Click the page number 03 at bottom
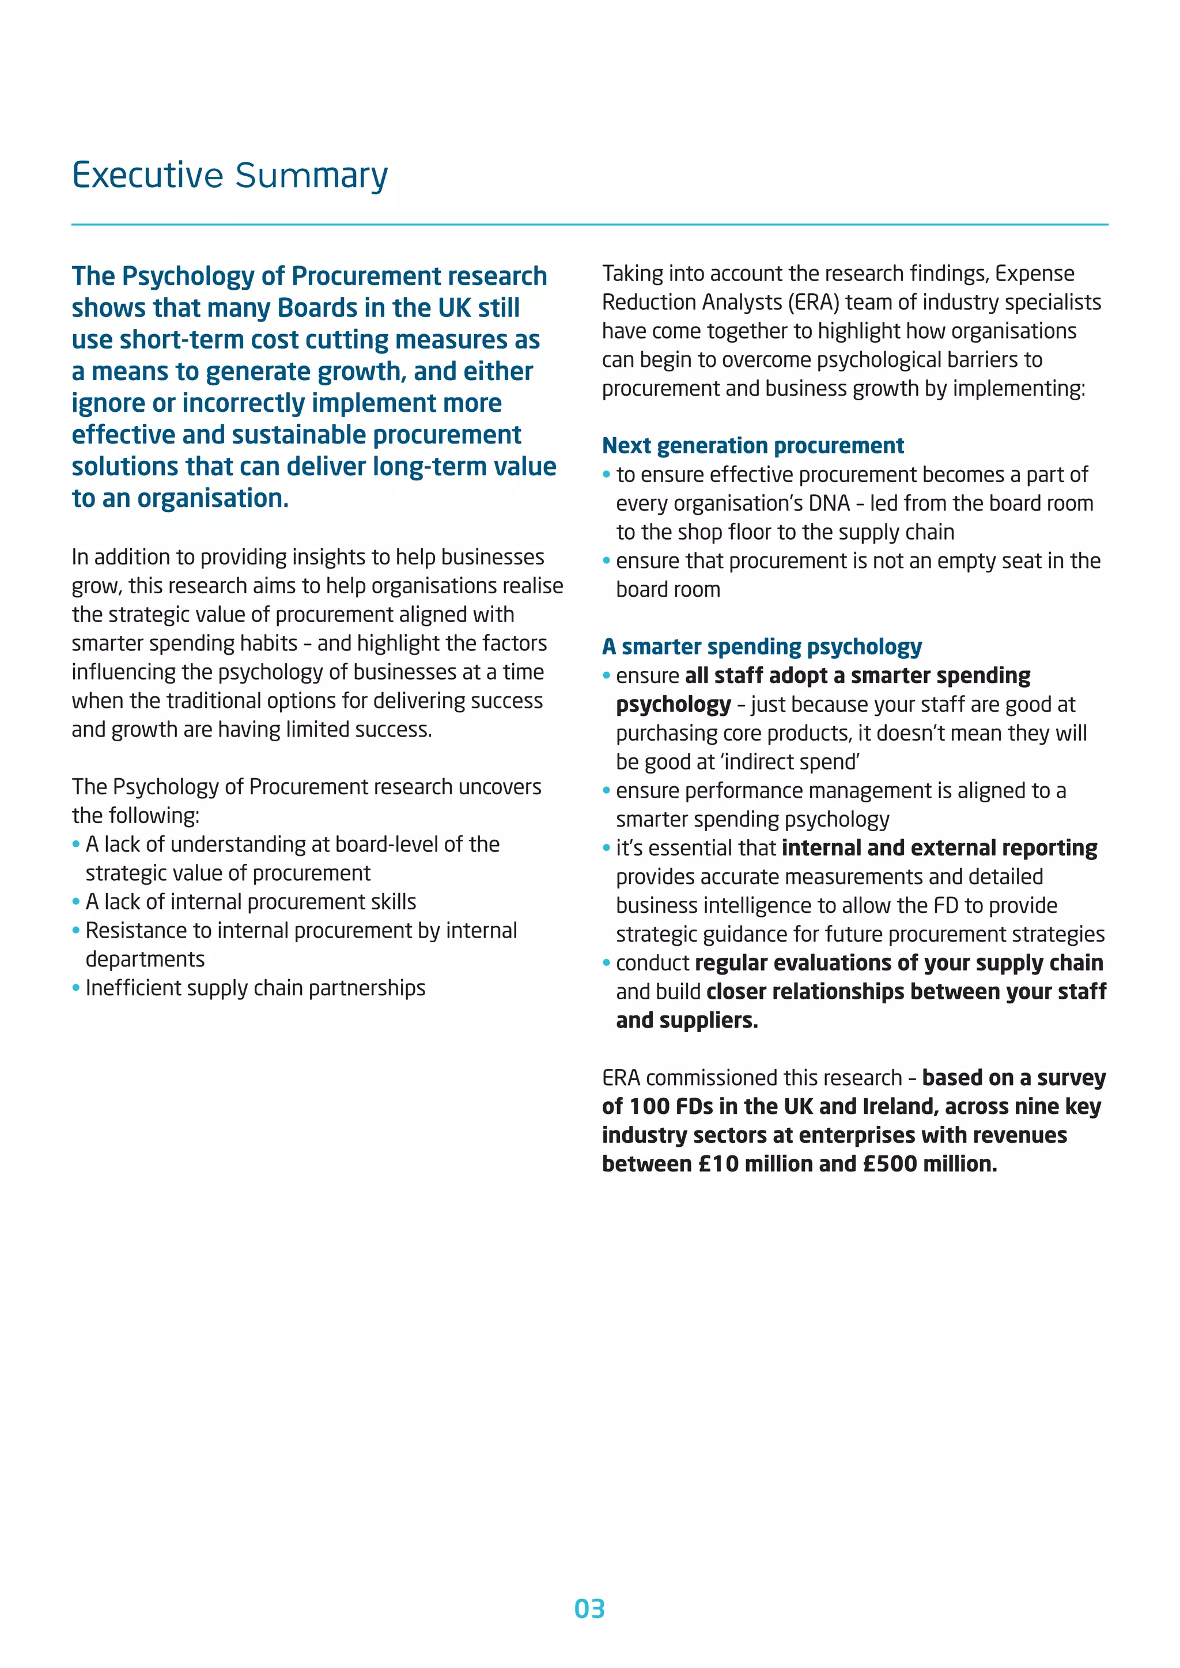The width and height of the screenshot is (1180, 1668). pyautogui.click(x=589, y=1609)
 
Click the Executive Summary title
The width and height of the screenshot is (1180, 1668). pyautogui.click(x=230, y=176)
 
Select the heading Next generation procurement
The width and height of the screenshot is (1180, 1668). pyautogui.click(x=752, y=445)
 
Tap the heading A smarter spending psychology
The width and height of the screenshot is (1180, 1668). pyautogui.click(x=762, y=647)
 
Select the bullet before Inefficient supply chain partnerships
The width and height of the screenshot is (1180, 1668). pyautogui.click(x=75, y=988)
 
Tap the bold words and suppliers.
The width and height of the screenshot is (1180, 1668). pyautogui.click(x=687, y=1021)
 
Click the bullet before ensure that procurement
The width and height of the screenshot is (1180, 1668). pyautogui.click(x=607, y=561)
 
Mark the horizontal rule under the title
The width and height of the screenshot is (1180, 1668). pyautogui.click(x=589, y=225)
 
